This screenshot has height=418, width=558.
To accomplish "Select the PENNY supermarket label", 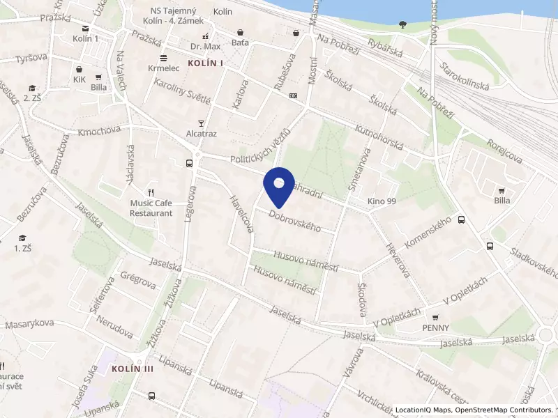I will click(x=435, y=327).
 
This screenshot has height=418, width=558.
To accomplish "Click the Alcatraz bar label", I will click(x=201, y=132).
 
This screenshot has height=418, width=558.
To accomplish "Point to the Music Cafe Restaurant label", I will click(x=151, y=208).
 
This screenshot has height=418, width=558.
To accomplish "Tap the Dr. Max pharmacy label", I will click(x=205, y=47).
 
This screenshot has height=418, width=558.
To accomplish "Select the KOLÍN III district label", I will click(x=132, y=369).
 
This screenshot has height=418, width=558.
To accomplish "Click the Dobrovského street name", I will click(x=294, y=222).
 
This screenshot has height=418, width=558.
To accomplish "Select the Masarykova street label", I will click(x=29, y=324).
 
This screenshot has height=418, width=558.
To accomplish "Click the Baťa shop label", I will click(x=240, y=42).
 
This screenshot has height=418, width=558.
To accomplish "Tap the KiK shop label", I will click(x=78, y=80).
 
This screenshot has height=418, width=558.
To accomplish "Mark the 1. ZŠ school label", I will click(x=23, y=247).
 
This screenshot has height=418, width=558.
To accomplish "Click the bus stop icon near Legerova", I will click(x=189, y=163).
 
